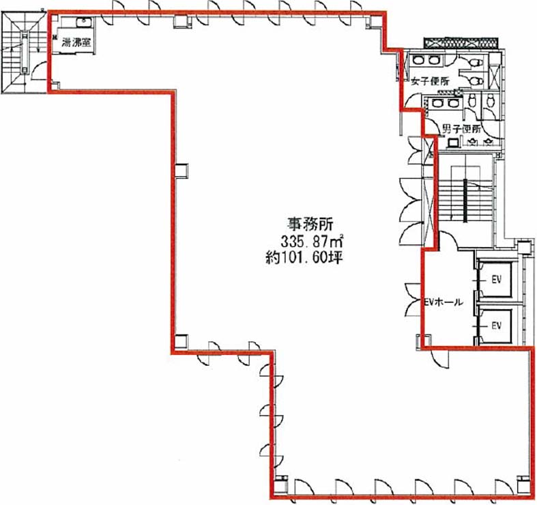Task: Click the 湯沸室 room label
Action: point(76,43)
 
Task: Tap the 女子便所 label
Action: point(430,81)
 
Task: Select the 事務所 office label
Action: point(310,225)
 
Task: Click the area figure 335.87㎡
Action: point(313,242)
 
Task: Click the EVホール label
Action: point(444,302)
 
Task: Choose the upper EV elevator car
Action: point(495,279)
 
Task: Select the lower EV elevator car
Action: point(495,326)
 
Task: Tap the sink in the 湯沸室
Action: point(83,23)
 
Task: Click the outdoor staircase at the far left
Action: point(24,52)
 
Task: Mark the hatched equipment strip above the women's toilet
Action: point(462,42)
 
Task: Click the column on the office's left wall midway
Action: point(182,171)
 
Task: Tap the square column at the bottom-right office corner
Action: point(523,483)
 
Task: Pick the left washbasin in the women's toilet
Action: point(418,61)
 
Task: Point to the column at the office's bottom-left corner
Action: point(182,342)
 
